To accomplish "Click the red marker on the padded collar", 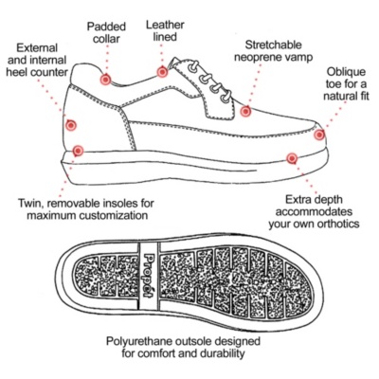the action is point(106,79).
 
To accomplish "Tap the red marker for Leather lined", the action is point(162,72).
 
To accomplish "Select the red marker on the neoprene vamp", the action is point(245,111).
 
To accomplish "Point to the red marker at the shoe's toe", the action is point(319,135).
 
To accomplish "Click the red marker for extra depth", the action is point(292,158).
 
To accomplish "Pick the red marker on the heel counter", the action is point(71,125).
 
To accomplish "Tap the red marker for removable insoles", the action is point(78,151).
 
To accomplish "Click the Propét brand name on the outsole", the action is point(148,276).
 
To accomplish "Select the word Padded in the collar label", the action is point(106,27).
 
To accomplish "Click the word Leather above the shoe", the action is point(165,25).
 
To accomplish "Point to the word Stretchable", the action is point(274,45).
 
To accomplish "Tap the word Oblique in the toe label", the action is point(346,72).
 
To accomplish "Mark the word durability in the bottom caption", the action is point(223,353).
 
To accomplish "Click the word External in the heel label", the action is point(37,48).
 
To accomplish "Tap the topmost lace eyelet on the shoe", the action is point(193,67).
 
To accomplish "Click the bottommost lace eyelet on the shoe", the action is point(226,96).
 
